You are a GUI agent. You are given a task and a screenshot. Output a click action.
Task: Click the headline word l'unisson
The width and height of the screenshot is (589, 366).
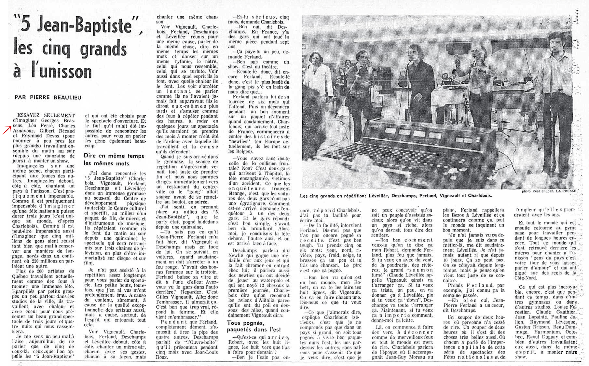[62, 72]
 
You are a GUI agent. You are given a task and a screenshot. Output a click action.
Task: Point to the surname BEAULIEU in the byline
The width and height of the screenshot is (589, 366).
[67, 97]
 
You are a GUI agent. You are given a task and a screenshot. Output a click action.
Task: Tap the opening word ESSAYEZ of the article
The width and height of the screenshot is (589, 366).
[29, 115]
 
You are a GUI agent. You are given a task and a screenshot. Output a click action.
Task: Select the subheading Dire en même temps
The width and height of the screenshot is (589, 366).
[114, 156]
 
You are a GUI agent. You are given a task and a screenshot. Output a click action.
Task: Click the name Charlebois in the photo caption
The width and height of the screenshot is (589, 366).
[480, 196]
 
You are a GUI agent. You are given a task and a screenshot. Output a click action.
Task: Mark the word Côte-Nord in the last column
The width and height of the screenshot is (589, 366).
[525, 278]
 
